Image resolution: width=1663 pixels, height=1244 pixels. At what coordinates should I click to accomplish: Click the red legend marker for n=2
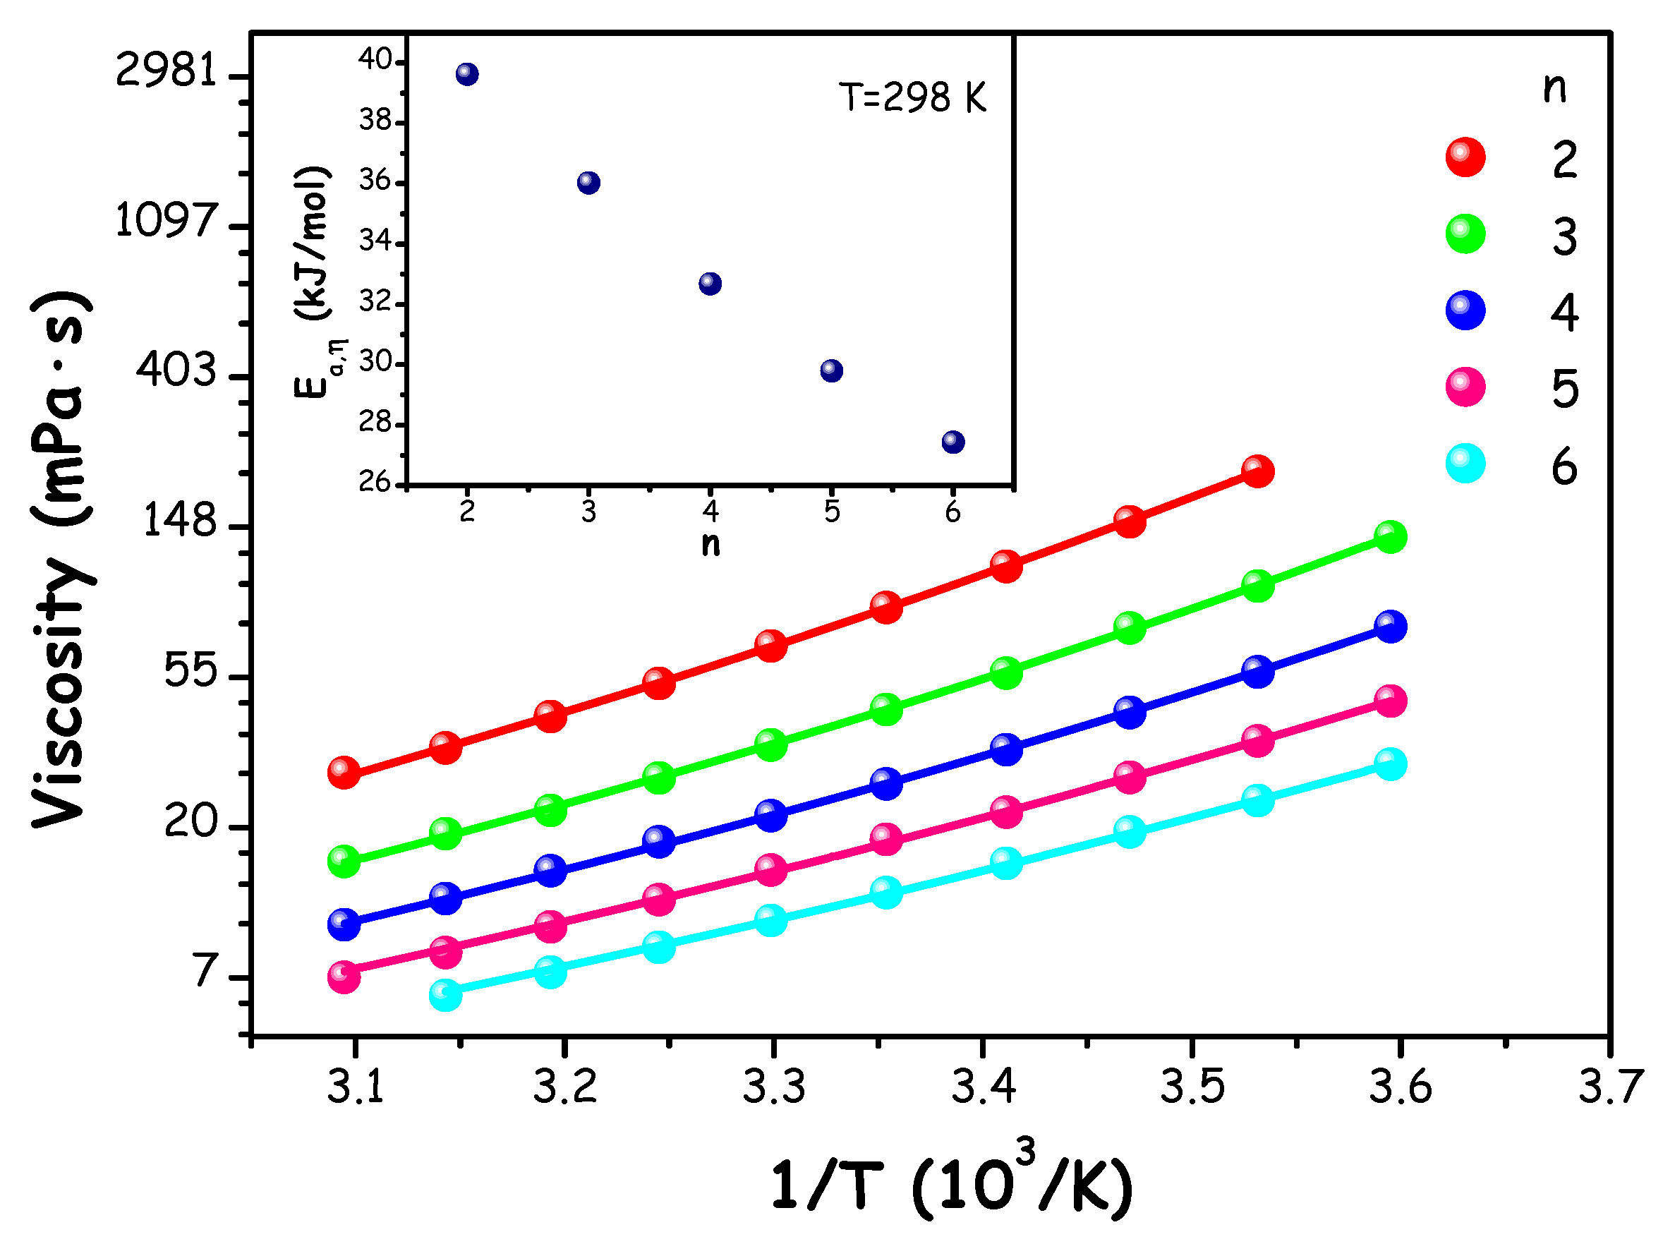tap(1465, 157)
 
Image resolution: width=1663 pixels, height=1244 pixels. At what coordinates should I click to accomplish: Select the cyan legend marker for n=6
tap(1465, 464)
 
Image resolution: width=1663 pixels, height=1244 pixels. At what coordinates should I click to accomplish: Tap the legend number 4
tap(1564, 313)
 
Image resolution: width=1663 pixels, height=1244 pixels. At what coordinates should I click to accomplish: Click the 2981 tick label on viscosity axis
tap(165, 72)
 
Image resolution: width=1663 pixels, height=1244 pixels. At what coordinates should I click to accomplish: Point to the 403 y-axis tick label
tap(176, 370)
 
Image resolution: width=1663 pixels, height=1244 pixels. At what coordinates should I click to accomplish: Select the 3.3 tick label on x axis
tap(773, 1086)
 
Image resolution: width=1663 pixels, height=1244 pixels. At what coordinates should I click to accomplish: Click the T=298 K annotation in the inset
tap(912, 97)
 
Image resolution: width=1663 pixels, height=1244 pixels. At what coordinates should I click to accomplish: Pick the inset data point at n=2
tap(467, 73)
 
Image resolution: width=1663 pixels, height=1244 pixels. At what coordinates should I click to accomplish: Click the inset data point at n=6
tap(953, 442)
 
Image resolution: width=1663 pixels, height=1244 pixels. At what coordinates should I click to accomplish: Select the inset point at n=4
tap(710, 284)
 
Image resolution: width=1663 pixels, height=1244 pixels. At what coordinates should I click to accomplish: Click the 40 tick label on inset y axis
tap(375, 59)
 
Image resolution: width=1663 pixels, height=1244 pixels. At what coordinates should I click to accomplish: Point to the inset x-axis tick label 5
tap(830, 512)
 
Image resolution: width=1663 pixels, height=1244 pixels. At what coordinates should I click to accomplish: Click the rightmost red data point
tap(1257, 471)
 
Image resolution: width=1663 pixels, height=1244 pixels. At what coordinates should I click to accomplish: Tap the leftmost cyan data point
tap(445, 994)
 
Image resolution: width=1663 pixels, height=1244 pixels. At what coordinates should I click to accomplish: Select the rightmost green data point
tap(1390, 537)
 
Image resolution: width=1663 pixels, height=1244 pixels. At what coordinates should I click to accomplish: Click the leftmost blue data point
tap(344, 924)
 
